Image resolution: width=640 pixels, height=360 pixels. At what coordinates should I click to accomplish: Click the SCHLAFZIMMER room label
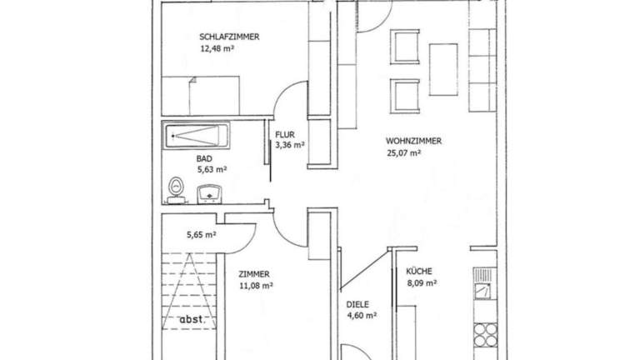click(229, 37)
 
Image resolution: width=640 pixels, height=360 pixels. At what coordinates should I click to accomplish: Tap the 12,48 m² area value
click(217, 49)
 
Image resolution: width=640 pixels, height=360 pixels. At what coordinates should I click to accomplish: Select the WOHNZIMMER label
click(413, 141)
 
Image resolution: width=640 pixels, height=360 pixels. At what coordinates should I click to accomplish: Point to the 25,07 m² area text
click(403, 153)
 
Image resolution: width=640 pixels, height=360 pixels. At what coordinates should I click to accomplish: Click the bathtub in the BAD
click(197, 136)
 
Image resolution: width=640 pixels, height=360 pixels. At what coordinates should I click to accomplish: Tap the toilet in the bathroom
click(177, 190)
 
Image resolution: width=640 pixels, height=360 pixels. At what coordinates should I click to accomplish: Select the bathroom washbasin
click(209, 194)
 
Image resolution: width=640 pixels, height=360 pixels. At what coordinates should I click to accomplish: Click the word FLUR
click(285, 135)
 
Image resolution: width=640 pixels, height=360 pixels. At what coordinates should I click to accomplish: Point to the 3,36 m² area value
click(290, 145)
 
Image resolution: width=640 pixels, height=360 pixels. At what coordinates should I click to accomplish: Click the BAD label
click(204, 159)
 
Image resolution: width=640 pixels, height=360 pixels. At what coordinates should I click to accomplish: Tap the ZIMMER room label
click(254, 274)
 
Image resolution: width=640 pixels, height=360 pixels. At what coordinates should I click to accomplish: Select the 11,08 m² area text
click(256, 286)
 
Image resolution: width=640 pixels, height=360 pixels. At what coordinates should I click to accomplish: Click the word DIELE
click(357, 304)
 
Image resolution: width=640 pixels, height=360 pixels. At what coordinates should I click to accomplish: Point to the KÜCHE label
click(419, 271)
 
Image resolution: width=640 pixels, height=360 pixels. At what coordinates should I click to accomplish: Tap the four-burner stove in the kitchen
click(485, 335)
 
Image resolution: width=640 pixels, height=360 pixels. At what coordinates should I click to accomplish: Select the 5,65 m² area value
click(201, 235)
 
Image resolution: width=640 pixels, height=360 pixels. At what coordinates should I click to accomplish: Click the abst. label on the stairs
click(192, 319)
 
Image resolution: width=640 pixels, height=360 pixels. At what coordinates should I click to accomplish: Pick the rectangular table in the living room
click(443, 69)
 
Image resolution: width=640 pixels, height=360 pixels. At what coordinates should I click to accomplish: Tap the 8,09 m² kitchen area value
click(422, 282)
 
